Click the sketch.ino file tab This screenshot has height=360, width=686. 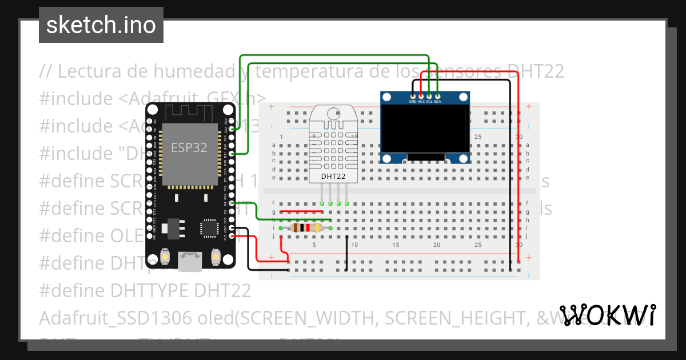[x=101, y=25]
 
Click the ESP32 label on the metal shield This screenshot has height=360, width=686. [x=189, y=147]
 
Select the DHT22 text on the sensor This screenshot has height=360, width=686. [x=333, y=177]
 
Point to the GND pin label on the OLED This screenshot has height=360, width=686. [x=413, y=102]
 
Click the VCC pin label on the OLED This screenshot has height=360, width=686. [x=421, y=102]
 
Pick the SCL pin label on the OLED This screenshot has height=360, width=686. [x=429, y=102]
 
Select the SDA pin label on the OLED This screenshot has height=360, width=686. [x=437, y=102]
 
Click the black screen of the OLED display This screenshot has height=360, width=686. [x=425, y=130]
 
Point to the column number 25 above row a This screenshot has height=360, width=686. [x=478, y=137]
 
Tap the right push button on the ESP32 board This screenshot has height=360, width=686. [x=216, y=257]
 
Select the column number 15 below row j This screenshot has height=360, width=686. [x=396, y=245]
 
